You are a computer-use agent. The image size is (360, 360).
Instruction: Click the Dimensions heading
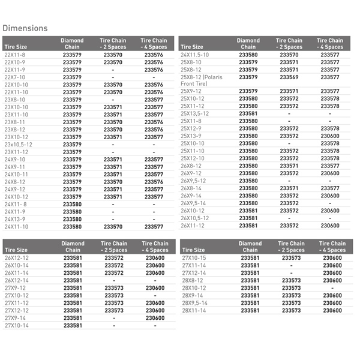point(25,28)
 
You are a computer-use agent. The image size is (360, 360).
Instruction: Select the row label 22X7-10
point(15,77)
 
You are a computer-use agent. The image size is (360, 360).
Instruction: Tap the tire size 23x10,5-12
point(19,145)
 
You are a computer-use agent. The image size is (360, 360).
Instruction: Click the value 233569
point(289,77)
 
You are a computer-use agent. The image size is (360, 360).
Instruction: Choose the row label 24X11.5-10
point(194,55)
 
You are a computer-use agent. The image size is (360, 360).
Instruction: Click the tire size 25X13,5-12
point(194,113)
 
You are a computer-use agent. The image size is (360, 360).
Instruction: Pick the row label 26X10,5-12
point(194,218)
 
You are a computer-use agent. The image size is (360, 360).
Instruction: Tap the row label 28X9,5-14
point(194,303)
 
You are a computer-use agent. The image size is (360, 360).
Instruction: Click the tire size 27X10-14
point(17,326)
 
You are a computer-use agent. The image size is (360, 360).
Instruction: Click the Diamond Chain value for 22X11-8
point(72,55)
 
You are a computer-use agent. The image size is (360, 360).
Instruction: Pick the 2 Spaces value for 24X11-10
point(113,227)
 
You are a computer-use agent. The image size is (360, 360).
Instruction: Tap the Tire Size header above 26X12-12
point(16,250)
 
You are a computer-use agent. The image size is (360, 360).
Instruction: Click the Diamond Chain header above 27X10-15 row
point(250,247)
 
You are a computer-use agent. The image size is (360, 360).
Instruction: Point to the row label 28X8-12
point(192,281)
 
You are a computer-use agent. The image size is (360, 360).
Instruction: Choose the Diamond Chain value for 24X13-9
point(72,220)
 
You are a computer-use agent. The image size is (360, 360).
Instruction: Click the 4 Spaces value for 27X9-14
point(154,318)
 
